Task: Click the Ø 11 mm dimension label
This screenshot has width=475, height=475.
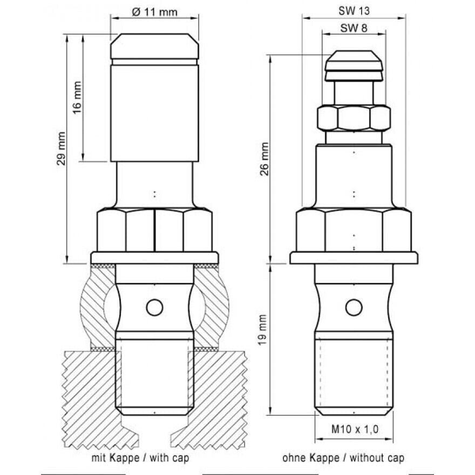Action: point(154,12)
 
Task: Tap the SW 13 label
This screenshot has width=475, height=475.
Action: point(354,11)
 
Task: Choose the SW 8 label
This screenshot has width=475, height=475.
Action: point(354,29)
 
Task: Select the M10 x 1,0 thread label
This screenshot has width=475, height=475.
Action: point(353,429)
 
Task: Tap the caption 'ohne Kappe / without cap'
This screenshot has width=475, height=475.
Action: point(343,458)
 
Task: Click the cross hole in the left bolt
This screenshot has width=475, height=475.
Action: point(154,308)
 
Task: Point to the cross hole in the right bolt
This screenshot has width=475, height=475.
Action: point(354,307)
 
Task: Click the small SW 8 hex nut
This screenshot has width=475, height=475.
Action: point(354,118)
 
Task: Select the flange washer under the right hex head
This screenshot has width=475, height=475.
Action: point(354,258)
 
